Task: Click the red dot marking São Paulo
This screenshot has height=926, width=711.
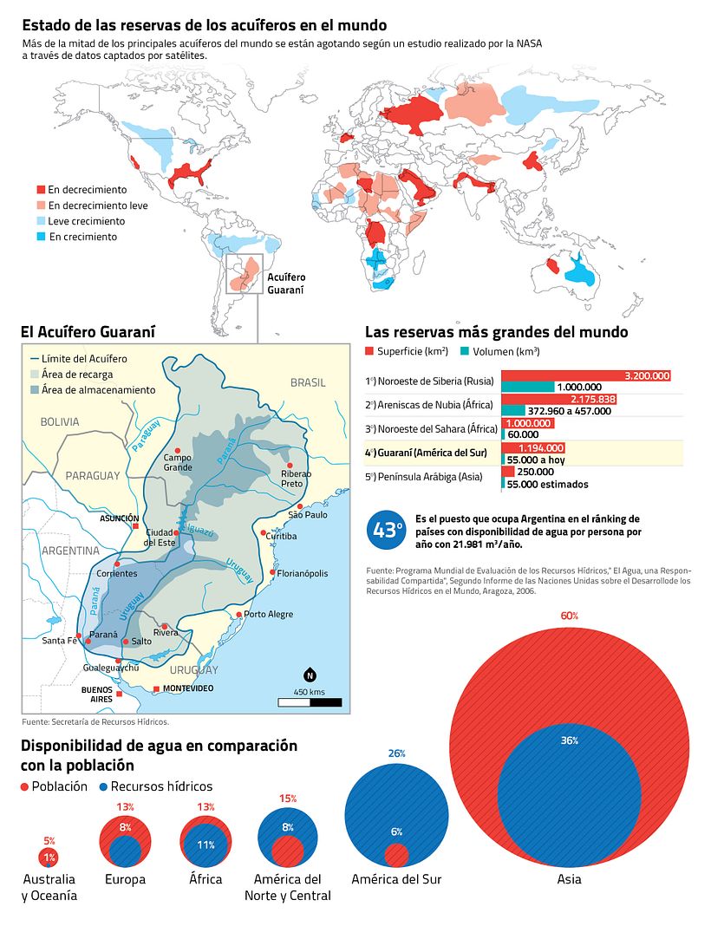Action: click(300, 506)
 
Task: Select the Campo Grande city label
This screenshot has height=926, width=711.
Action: click(177, 462)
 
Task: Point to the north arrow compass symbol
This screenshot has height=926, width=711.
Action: click(309, 675)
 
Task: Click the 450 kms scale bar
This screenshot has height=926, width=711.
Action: click(310, 701)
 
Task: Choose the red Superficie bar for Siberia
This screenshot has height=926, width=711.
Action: click(586, 375)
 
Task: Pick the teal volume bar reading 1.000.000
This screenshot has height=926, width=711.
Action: click(527, 387)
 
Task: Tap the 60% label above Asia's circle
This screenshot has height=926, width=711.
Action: click(569, 616)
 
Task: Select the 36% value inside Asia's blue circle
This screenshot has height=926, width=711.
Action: click(569, 740)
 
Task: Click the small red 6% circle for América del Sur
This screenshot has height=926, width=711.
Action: click(396, 855)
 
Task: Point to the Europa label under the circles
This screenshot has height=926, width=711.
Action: click(125, 879)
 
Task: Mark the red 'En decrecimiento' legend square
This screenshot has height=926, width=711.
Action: click(40, 190)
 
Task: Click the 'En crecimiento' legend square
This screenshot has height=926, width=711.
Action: click(40, 237)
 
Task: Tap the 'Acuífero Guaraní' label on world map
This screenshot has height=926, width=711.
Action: click(285, 284)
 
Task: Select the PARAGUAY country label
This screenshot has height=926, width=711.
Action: click(92, 476)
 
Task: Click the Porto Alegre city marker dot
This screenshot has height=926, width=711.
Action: click(238, 614)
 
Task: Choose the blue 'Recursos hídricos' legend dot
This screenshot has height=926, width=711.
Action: click(102, 786)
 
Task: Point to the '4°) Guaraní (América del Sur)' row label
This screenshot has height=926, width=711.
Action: click(426, 453)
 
